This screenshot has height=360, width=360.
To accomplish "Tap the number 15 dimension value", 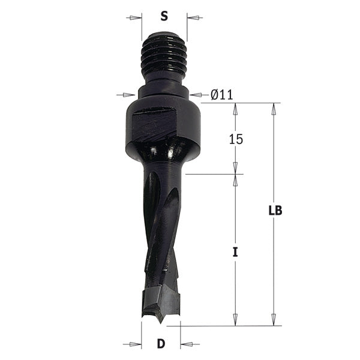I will tap(236, 139).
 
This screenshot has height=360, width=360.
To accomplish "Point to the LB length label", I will tap(275, 211).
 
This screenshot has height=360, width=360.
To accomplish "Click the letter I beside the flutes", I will tap(236, 253).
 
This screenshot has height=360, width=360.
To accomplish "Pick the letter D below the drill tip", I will tap(161, 344).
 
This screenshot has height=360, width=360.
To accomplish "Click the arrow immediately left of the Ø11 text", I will tap(198, 94).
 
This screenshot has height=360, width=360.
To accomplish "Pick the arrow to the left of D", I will tap(133, 344).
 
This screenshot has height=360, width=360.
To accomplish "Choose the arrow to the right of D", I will tap(188, 344).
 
